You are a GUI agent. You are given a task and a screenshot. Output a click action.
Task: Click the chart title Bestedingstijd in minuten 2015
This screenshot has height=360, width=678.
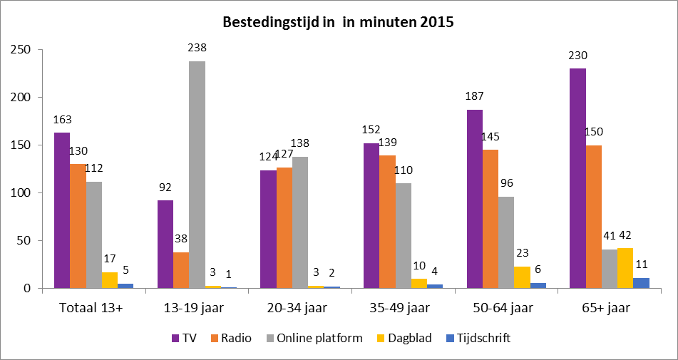339,22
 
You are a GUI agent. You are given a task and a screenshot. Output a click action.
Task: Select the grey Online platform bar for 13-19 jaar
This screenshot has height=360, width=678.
197,175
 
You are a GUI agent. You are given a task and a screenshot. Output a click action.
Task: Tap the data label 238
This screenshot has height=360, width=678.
197,49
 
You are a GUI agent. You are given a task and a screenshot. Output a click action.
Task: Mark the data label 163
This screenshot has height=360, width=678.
61,120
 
